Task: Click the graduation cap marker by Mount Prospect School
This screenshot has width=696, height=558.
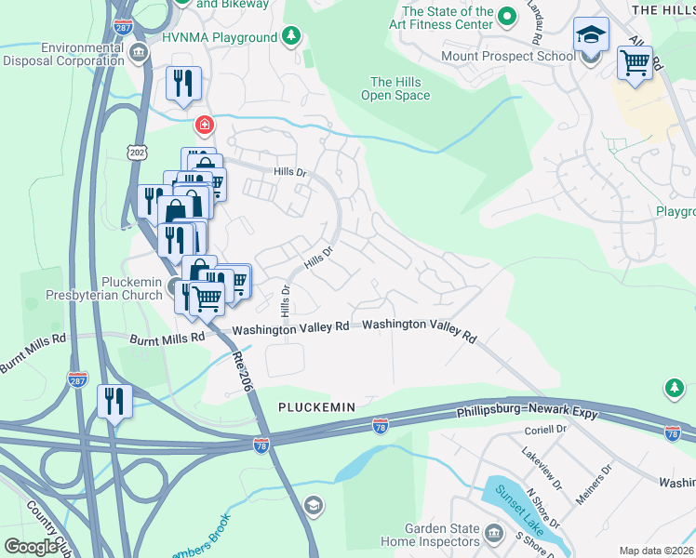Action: pyautogui.click(x=591, y=36)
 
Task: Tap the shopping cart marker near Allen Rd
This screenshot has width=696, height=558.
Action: pyautogui.click(x=635, y=64)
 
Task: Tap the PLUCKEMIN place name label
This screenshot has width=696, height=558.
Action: pyautogui.click(x=315, y=408)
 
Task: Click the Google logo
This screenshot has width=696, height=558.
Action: pyautogui.click(x=31, y=546)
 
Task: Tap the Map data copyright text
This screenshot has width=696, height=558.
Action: pyautogui.click(x=656, y=551)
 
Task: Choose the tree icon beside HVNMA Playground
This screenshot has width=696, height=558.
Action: pyautogui.click(x=292, y=37)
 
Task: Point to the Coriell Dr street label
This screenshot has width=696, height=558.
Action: pyautogui.click(x=544, y=430)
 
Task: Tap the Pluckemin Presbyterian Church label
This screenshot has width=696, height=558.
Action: pyautogui.click(x=104, y=290)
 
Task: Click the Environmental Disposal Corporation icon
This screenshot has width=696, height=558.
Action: pyautogui.click(x=139, y=51)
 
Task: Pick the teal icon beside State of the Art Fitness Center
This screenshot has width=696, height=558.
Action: pyautogui.click(x=507, y=16)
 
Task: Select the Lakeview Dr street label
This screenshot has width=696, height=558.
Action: pyautogui.click(x=542, y=471)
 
